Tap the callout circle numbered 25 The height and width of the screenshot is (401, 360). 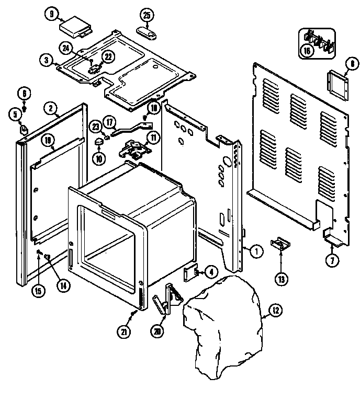pos(148,15)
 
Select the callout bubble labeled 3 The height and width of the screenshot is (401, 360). pos(47,61)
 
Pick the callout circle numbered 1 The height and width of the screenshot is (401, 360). pos(255,250)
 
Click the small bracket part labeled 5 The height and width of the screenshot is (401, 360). pos(24,128)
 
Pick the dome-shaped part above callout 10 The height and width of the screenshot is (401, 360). pos(99,142)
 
